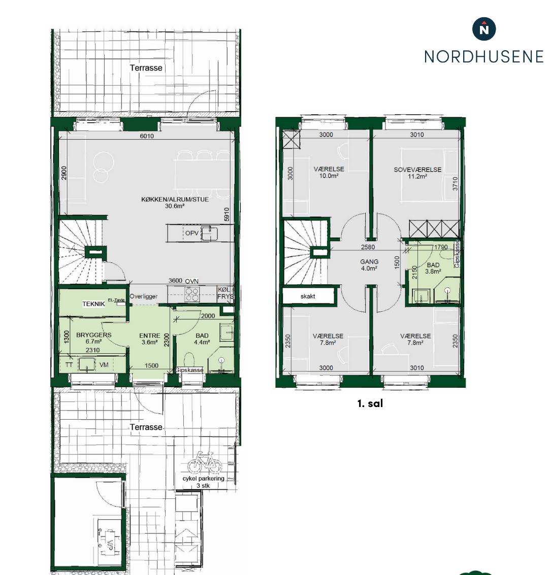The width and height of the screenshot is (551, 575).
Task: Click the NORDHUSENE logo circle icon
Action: click(x=484, y=29)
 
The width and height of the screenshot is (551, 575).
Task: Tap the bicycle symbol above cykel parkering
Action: click(x=205, y=462)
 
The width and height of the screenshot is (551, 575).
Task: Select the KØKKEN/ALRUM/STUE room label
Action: click(x=175, y=199)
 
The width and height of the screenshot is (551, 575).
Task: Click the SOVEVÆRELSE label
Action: click(x=417, y=170)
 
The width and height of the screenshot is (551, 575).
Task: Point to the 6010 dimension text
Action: click(x=147, y=136)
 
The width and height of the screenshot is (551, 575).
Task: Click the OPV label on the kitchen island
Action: click(x=192, y=233)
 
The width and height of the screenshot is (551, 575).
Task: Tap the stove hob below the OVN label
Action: click(x=192, y=294)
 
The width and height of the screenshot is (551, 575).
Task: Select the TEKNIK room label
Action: click(x=93, y=304)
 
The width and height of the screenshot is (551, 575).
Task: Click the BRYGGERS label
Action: click(x=94, y=335)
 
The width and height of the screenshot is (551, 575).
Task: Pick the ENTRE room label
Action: click(x=150, y=335)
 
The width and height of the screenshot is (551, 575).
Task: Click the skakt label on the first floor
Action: click(x=308, y=296)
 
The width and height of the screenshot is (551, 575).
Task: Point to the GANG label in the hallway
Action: click(x=369, y=262)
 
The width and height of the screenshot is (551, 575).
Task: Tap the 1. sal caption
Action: click(x=370, y=403)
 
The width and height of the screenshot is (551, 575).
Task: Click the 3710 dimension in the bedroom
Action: click(x=455, y=183)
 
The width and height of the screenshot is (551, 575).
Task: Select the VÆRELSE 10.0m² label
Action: click(x=329, y=173)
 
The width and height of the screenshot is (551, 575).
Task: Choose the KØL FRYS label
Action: click(x=225, y=293)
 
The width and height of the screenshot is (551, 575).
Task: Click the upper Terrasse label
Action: click(x=146, y=68)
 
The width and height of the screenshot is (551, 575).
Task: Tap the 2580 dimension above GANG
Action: click(x=368, y=247)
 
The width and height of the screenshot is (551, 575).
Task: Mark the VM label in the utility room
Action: click(x=104, y=365)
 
